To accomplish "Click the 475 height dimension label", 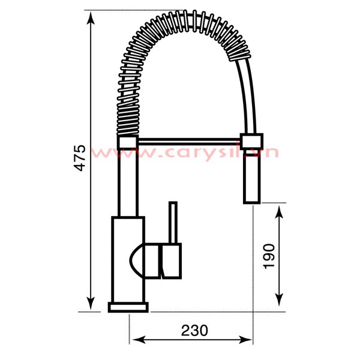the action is (80, 157).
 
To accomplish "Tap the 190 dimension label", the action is (269, 256).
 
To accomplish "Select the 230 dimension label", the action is (194, 330).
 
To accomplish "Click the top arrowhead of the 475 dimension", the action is (91, 18).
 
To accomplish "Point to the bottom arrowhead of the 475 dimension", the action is (91, 304).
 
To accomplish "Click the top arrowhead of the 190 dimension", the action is (279, 212).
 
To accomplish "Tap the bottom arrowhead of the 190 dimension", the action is (279, 301).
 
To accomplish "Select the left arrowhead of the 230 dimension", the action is (139, 340).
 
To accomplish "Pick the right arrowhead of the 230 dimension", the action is (245, 340).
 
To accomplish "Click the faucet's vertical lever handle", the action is (173, 222).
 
